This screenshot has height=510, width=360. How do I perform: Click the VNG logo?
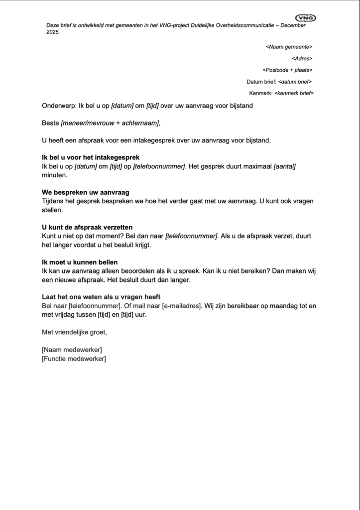[306, 18]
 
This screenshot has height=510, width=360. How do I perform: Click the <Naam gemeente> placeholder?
[289, 47]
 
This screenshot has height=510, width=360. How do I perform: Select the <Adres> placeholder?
[302, 58]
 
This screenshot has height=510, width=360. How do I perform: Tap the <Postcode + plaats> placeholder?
[287, 70]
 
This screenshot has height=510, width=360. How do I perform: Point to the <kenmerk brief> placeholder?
[293, 93]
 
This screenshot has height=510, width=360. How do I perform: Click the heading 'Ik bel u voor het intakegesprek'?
[91, 157]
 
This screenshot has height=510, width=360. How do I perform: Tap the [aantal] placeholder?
[285, 166]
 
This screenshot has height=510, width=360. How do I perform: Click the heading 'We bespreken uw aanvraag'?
[86, 192]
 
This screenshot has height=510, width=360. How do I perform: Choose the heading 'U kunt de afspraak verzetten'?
[87, 227]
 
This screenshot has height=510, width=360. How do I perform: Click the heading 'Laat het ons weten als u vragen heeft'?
[101, 297]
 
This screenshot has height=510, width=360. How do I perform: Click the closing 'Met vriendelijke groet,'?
[75, 332]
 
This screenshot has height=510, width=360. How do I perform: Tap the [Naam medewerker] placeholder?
[72, 350]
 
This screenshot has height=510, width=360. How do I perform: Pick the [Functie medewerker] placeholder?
[74, 358]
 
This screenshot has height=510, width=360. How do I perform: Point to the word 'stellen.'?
[52, 210]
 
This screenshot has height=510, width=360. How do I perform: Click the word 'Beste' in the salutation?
[50, 123]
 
